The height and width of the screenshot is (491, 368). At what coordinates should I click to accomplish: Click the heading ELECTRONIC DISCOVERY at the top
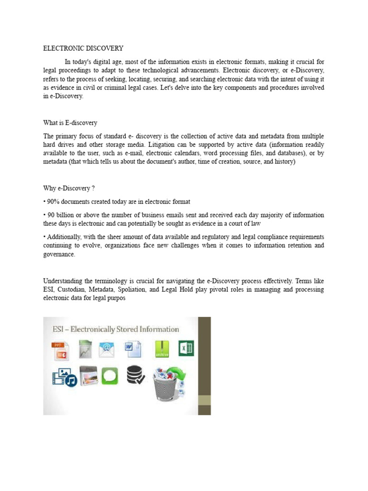[83, 48]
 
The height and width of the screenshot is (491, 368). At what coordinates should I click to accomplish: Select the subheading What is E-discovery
[70, 123]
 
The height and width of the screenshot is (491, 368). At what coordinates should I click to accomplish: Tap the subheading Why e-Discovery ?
[66, 188]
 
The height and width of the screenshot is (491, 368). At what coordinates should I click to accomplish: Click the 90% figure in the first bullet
[53, 201]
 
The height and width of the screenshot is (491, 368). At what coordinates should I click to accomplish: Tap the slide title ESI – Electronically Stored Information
[115, 329]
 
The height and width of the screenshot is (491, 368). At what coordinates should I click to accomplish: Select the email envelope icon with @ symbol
[106, 350]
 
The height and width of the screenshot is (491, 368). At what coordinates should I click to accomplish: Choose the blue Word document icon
[132, 350]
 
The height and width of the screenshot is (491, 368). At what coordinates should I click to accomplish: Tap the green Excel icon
[186, 348]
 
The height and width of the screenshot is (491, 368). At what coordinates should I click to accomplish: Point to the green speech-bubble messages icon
[108, 375]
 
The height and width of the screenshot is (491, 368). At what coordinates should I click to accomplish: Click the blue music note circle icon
[71, 381]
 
